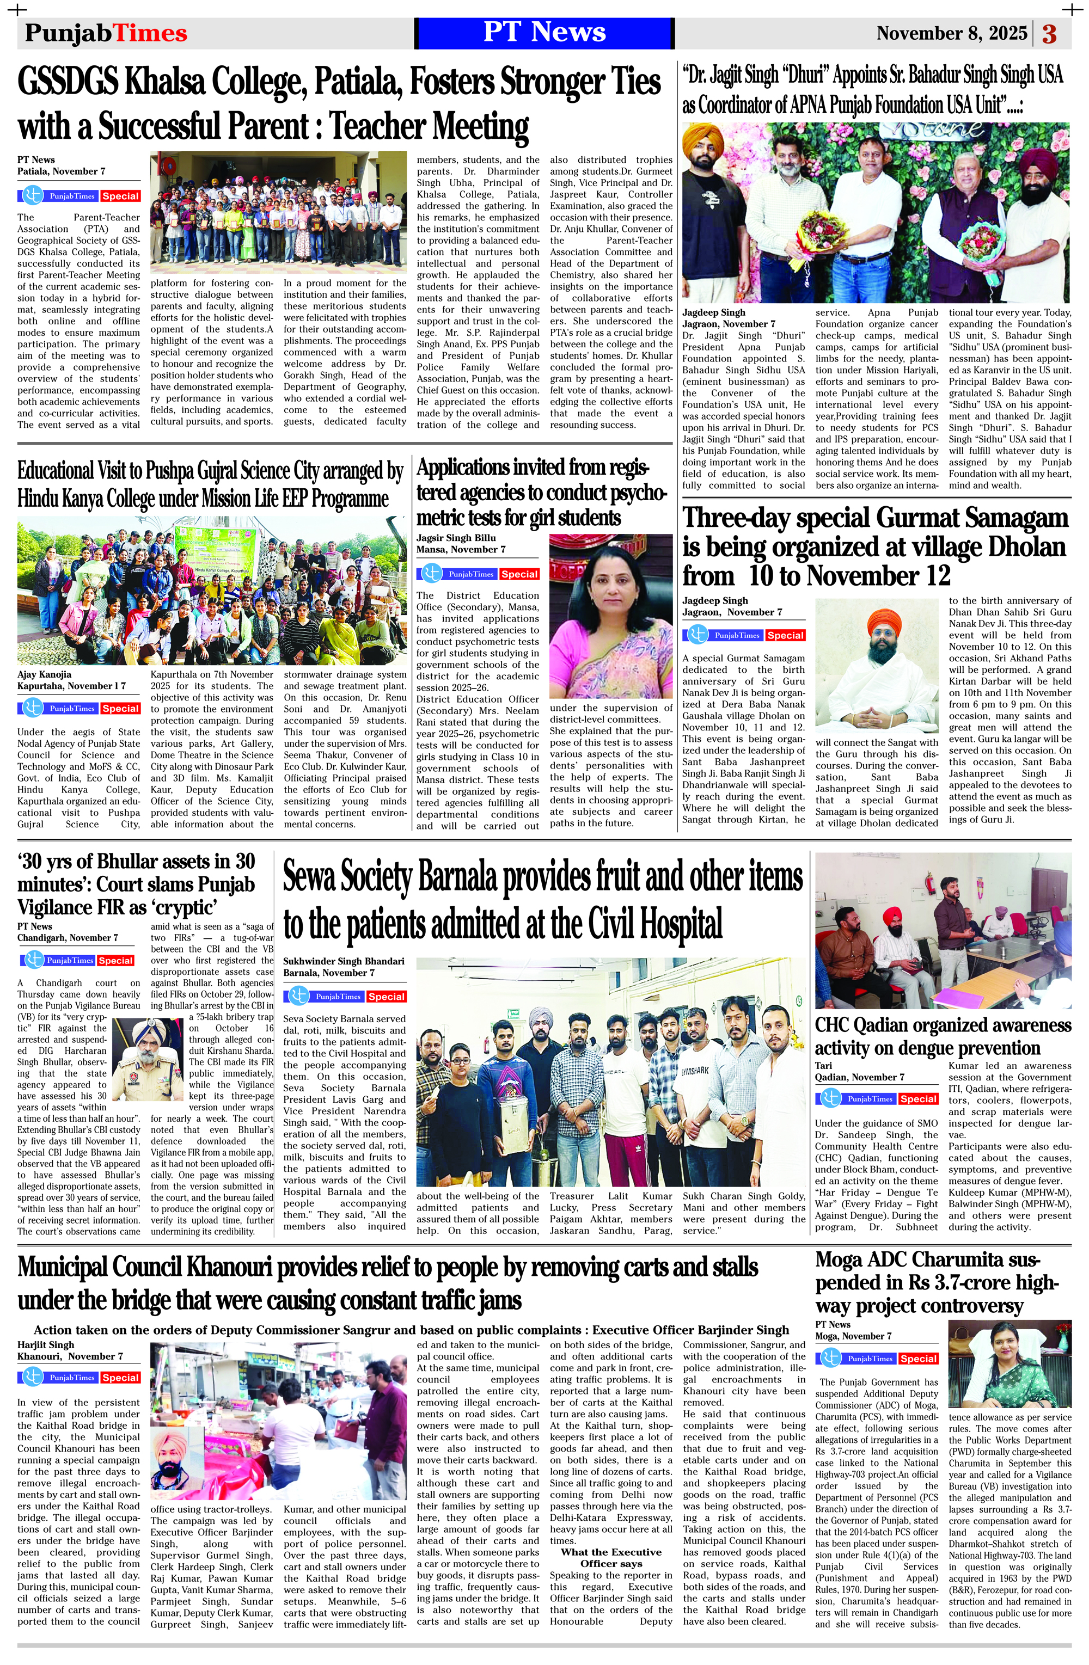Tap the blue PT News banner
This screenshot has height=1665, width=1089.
(x=544, y=33)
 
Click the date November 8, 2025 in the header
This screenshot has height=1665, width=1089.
(x=951, y=34)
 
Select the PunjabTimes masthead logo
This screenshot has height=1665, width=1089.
(x=106, y=34)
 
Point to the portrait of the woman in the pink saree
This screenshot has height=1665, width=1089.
(x=610, y=618)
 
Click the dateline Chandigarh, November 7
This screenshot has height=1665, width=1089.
(x=68, y=937)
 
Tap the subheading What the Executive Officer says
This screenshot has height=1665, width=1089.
(x=610, y=1557)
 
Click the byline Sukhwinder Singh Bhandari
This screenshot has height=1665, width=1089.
(x=344, y=961)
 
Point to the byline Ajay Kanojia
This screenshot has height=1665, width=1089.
(x=44, y=674)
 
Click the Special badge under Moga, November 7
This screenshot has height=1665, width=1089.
(x=918, y=1359)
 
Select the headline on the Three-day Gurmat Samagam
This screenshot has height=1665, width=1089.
(x=875, y=547)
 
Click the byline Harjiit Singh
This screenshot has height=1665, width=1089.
(x=46, y=1344)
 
